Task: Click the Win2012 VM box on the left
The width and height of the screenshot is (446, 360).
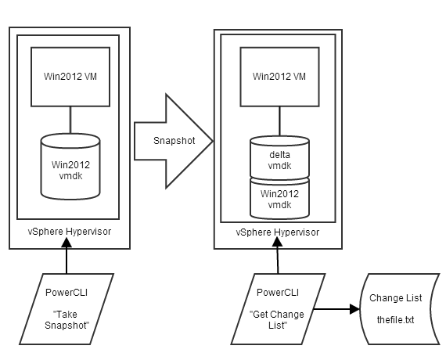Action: click(x=70, y=77)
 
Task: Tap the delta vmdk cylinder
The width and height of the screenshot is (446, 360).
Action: click(x=279, y=156)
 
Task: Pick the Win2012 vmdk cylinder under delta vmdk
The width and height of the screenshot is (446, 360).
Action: click(x=279, y=199)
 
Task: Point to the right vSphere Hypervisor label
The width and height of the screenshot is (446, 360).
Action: click(x=278, y=232)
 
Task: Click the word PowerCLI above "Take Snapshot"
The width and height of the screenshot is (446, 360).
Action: click(x=68, y=293)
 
